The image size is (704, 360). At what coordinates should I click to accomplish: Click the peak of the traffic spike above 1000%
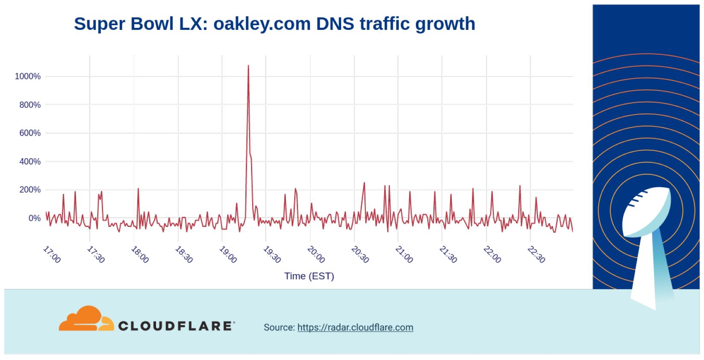coord(248,66)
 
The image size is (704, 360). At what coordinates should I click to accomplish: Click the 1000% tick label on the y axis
coord(28,77)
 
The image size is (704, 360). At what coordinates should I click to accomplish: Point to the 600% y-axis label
coord(30,133)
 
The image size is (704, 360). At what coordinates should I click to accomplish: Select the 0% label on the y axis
coord(35,218)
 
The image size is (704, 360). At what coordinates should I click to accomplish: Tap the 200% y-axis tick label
coord(30,189)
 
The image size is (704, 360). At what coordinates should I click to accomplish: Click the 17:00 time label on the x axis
coord(52,254)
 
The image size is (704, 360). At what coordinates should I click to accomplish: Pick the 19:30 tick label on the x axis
coord(272,254)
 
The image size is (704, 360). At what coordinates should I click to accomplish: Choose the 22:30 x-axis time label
coord(536,254)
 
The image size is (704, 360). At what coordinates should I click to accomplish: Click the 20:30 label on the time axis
coord(360,254)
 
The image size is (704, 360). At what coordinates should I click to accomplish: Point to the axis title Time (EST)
coord(309,276)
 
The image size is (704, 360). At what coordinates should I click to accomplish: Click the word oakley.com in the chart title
coord(262,24)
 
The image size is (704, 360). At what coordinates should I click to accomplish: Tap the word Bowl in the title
coord(152,24)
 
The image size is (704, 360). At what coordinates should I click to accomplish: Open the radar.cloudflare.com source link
coord(355,328)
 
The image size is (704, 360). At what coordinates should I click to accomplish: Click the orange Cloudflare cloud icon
coord(85,319)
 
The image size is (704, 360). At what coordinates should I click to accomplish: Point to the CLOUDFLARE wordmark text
coord(176,326)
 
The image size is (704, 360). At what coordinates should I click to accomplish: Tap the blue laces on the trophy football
coord(637,197)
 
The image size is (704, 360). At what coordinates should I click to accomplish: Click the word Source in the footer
coord(279,328)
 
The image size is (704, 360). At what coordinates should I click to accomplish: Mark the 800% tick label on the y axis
coord(30,105)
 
